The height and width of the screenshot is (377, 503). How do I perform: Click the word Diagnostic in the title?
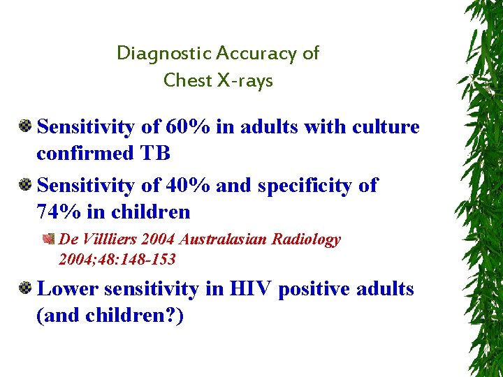click(163, 53)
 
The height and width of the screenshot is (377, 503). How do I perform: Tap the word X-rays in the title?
click(245, 81)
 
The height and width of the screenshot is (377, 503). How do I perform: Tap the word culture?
click(384, 127)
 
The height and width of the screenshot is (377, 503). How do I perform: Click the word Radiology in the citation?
click(306, 239)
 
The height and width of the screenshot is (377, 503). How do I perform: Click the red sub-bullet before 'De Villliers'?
click(49, 239)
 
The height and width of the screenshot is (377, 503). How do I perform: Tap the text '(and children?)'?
click(110, 316)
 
